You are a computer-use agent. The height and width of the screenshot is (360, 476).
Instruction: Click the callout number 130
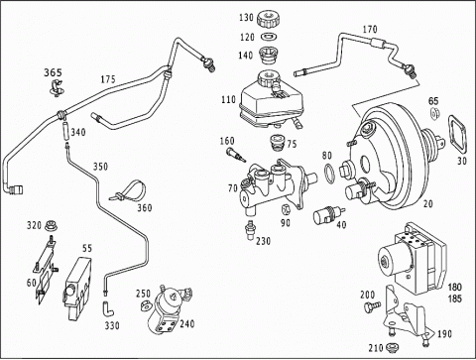(246, 17)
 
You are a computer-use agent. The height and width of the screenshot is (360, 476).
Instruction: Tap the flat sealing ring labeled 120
(269, 36)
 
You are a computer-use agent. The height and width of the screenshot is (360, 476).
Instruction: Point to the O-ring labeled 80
(329, 173)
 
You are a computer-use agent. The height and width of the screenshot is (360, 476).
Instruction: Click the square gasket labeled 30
(458, 134)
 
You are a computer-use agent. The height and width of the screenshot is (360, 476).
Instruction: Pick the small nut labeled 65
(435, 113)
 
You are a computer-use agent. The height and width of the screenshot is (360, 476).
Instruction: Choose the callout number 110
(228, 99)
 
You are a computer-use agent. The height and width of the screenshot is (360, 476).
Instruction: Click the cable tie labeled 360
(129, 191)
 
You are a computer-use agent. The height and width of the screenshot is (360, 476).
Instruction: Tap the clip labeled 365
(57, 88)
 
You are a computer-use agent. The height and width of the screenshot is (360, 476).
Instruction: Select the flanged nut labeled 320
(51, 225)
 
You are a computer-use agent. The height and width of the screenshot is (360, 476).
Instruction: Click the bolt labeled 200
(372, 306)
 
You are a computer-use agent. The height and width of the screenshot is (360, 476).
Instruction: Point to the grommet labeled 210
(393, 346)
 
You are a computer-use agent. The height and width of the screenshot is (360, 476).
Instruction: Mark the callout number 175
(108, 79)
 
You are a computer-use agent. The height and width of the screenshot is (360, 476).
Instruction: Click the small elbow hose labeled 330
(108, 308)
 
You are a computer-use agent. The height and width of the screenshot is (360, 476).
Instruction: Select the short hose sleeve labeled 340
(65, 131)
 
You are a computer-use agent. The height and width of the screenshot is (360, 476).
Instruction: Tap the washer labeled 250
(145, 305)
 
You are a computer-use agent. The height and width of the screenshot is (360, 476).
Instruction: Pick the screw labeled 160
(236, 155)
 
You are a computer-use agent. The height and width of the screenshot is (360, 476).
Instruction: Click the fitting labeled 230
(250, 230)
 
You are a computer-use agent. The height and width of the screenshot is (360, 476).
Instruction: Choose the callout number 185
(454, 299)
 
